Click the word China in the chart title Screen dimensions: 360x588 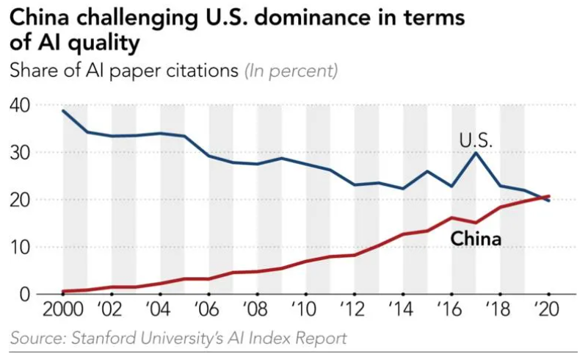[x=37, y=18]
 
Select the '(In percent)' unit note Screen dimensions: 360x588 [x=291, y=72]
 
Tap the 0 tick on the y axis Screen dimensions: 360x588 [x=23, y=294]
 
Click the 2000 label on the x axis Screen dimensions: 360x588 [x=63, y=308]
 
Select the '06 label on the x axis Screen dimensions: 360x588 [x=208, y=308]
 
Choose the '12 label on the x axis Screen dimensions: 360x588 [x=354, y=308]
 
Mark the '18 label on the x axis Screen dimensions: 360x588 [x=499, y=308]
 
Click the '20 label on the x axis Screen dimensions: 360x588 [x=548, y=308]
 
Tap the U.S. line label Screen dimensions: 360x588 [x=475, y=140]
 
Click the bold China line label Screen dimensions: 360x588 [x=475, y=239]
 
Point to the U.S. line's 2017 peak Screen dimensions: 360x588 [x=476, y=153]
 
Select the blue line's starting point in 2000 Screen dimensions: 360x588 [x=63, y=111]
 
